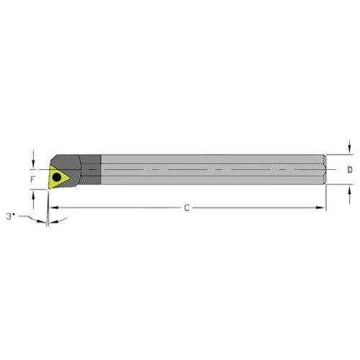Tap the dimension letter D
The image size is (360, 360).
pyautogui.click(x=349, y=171)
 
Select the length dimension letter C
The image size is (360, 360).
pyautogui.click(x=186, y=208)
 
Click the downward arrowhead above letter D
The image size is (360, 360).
pyautogui.click(x=349, y=151)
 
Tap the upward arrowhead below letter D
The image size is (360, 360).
pyautogui.click(x=349, y=189)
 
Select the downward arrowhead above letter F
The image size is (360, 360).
pyautogui.click(x=33, y=162)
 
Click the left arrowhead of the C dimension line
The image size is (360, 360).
pyautogui.click(x=53, y=208)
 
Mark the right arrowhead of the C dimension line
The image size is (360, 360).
pyautogui.click(x=322, y=208)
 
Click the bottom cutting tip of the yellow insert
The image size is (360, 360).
pyautogui.click(x=50, y=189)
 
